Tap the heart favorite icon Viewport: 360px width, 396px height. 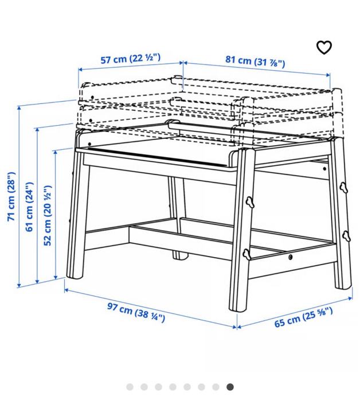[x=324, y=47]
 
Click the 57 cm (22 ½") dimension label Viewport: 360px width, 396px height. [x=131, y=59]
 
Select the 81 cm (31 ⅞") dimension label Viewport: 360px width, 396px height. [x=255, y=61]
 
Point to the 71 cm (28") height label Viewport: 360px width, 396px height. [x=11, y=196]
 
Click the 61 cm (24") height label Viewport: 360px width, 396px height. [x=29, y=207]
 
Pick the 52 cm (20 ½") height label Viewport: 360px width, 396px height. [x=48, y=215]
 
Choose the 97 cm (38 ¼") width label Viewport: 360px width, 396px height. [x=136, y=313]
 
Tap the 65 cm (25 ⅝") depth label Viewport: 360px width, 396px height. [x=303, y=317]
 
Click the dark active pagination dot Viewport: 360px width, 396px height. [x=230, y=387]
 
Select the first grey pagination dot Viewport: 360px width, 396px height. [x=130, y=387]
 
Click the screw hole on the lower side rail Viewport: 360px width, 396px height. [x=291, y=257]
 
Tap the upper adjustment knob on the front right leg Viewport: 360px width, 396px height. [x=250, y=202]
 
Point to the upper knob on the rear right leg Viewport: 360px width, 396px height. [x=343, y=188]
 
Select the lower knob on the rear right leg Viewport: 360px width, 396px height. [x=346, y=236]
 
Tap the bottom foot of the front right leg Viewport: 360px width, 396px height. [x=238, y=308]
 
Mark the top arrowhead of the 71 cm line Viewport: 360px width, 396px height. [x=19, y=107]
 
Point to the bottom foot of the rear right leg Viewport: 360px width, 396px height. [x=343, y=286]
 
